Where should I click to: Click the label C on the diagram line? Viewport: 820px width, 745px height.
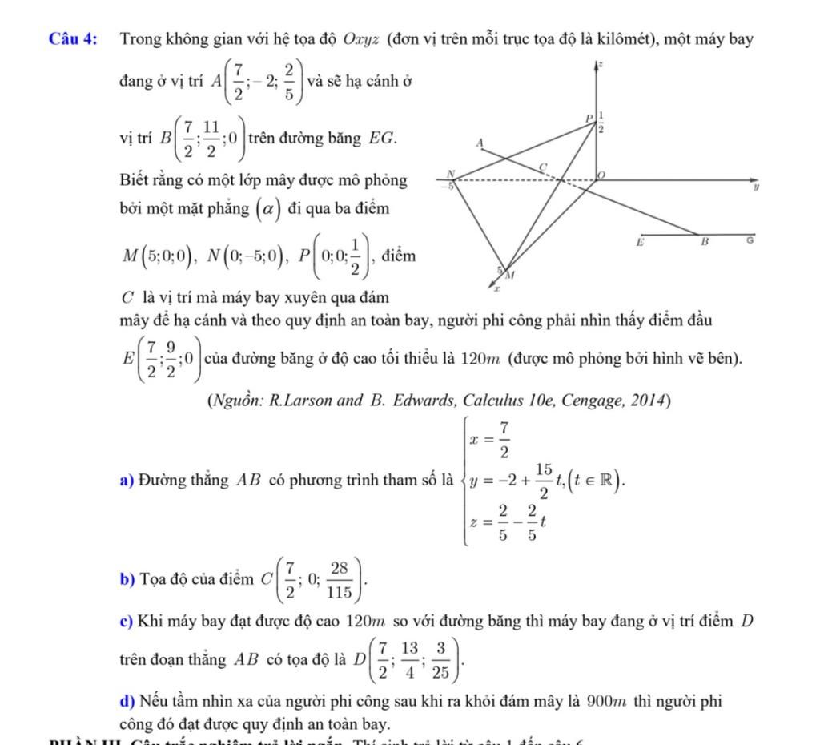click(x=541, y=165)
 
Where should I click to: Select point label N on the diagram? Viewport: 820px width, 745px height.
click(x=451, y=173)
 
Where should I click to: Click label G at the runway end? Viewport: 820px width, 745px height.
click(x=750, y=240)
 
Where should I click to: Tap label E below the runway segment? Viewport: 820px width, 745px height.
click(x=639, y=240)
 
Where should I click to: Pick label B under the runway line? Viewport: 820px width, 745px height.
click(x=705, y=240)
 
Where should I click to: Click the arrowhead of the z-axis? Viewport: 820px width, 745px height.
click(x=597, y=64)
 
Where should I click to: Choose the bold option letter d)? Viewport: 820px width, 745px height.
click(x=127, y=703)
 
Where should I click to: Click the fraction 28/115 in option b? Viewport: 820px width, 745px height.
click(x=340, y=578)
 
